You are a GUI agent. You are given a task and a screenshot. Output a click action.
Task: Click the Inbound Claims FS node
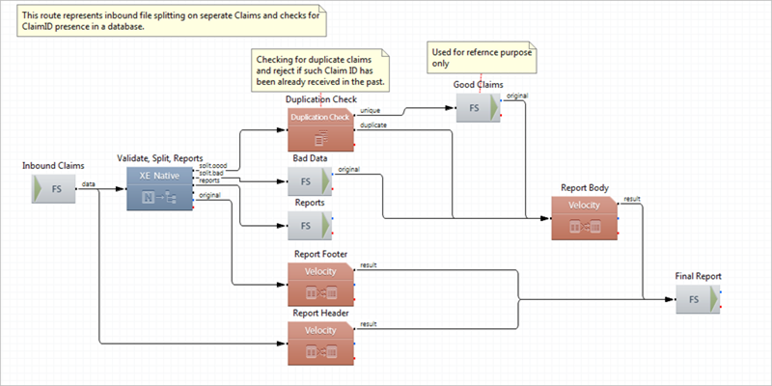[56, 189]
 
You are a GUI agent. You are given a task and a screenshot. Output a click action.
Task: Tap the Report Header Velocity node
[321, 343]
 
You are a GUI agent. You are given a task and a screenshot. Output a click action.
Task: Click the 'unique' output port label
[370, 111]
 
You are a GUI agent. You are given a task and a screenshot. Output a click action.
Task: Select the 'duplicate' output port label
[373, 125]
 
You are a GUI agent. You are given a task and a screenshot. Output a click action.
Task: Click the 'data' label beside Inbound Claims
[88, 182]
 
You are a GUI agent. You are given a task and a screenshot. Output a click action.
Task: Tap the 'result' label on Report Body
[632, 199]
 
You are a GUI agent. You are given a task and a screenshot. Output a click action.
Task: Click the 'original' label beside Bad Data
[349, 170]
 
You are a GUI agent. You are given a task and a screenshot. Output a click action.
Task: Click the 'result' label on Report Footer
[369, 265]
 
